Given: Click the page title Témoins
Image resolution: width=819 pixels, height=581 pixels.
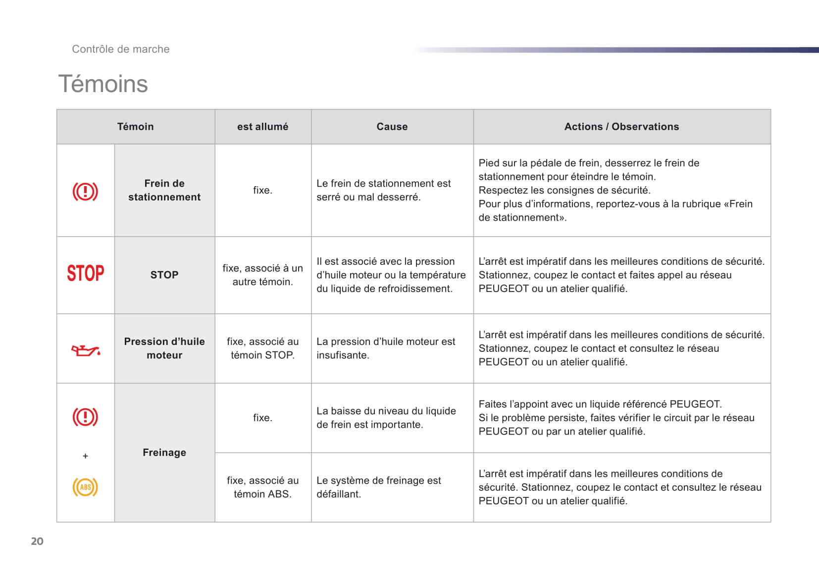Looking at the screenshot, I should pos(103,84).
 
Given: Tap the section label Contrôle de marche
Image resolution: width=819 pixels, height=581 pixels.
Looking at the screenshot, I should pos(121,49).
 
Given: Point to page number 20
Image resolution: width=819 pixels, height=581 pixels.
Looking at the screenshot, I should pos(37,541).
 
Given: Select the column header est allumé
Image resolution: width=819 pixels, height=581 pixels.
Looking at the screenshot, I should pos(262,127).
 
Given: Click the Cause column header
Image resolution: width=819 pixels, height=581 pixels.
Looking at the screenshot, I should pos(392,127).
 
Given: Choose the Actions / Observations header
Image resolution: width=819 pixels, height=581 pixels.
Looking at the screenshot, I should pos(621,127).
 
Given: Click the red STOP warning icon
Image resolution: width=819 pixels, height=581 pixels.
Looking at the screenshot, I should pos(86,273).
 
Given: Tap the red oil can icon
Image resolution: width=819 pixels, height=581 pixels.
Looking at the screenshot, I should pos(86,350).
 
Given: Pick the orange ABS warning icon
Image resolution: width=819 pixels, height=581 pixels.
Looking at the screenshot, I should pos(85,487).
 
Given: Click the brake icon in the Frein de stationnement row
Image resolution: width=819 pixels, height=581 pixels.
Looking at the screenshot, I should pos(85,192).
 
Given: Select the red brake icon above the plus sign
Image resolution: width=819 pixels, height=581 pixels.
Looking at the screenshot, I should pos(85,417).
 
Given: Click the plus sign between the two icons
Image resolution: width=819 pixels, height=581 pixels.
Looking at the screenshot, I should pos(85,456).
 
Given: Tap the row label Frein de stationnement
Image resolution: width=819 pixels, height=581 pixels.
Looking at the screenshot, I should pos(164,190).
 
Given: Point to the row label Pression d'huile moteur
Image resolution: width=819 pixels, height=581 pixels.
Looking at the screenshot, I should pos(164,348).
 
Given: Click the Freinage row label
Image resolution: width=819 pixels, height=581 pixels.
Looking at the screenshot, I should pos(164,452).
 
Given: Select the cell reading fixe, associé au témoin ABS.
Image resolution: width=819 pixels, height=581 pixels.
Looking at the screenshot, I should pos(262,487).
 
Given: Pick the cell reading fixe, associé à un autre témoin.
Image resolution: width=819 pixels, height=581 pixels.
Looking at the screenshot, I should pos(262,275).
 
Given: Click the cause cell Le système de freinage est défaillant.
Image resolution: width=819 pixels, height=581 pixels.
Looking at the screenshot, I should pos(379,487).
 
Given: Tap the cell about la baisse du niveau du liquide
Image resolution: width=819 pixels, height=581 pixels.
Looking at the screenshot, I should pos(386,418).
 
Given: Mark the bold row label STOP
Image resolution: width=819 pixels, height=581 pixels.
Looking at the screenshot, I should pos(164,275).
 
